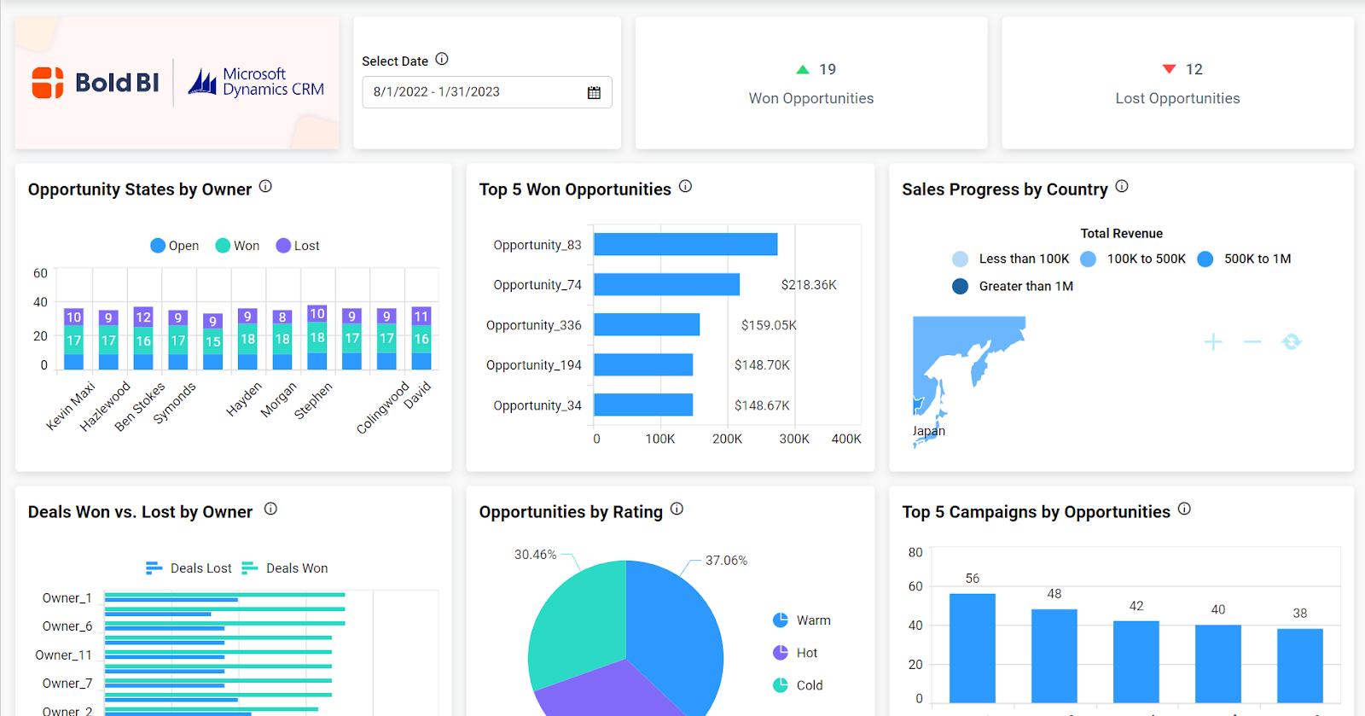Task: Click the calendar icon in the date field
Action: coord(594,92)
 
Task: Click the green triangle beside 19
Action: coord(802,69)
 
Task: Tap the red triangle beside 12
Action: coord(1169,69)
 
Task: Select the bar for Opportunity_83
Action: coord(685,245)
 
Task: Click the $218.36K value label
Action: coord(808,285)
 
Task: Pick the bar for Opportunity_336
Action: coord(647,325)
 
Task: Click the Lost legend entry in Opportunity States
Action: coord(298,246)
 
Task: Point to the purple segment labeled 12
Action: coord(143,317)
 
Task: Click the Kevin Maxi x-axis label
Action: coord(70,406)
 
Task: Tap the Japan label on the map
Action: coord(928,431)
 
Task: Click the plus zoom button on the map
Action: coord(1213,342)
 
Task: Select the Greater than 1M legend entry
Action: coord(1014,287)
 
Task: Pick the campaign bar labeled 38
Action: coord(1299,665)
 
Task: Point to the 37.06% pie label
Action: coord(726,561)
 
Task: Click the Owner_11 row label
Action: coord(63,655)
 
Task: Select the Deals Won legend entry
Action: coord(286,568)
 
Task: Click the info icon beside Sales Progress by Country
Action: coord(1122,187)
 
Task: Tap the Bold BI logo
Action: coord(96,83)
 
